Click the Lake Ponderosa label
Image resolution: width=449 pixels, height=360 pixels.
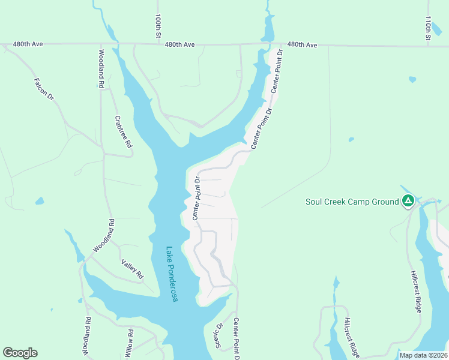[x=172, y=274]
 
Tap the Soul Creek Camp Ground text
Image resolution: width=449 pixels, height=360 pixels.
[x=352, y=202]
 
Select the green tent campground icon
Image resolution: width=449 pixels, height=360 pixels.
[x=408, y=201]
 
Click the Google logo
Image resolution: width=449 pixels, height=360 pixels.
[x=20, y=353]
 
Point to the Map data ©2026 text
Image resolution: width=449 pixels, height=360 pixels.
[x=423, y=355]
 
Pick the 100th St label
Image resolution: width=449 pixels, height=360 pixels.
[x=158, y=27]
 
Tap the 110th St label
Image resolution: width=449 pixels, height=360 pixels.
[x=428, y=28]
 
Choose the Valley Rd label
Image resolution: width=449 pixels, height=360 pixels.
[x=133, y=268]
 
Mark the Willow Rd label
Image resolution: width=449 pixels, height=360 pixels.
[x=130, y=342]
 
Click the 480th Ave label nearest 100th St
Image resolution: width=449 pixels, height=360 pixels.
[x=180, y=44]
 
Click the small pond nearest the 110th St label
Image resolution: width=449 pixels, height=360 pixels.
[x=412, y=79]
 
